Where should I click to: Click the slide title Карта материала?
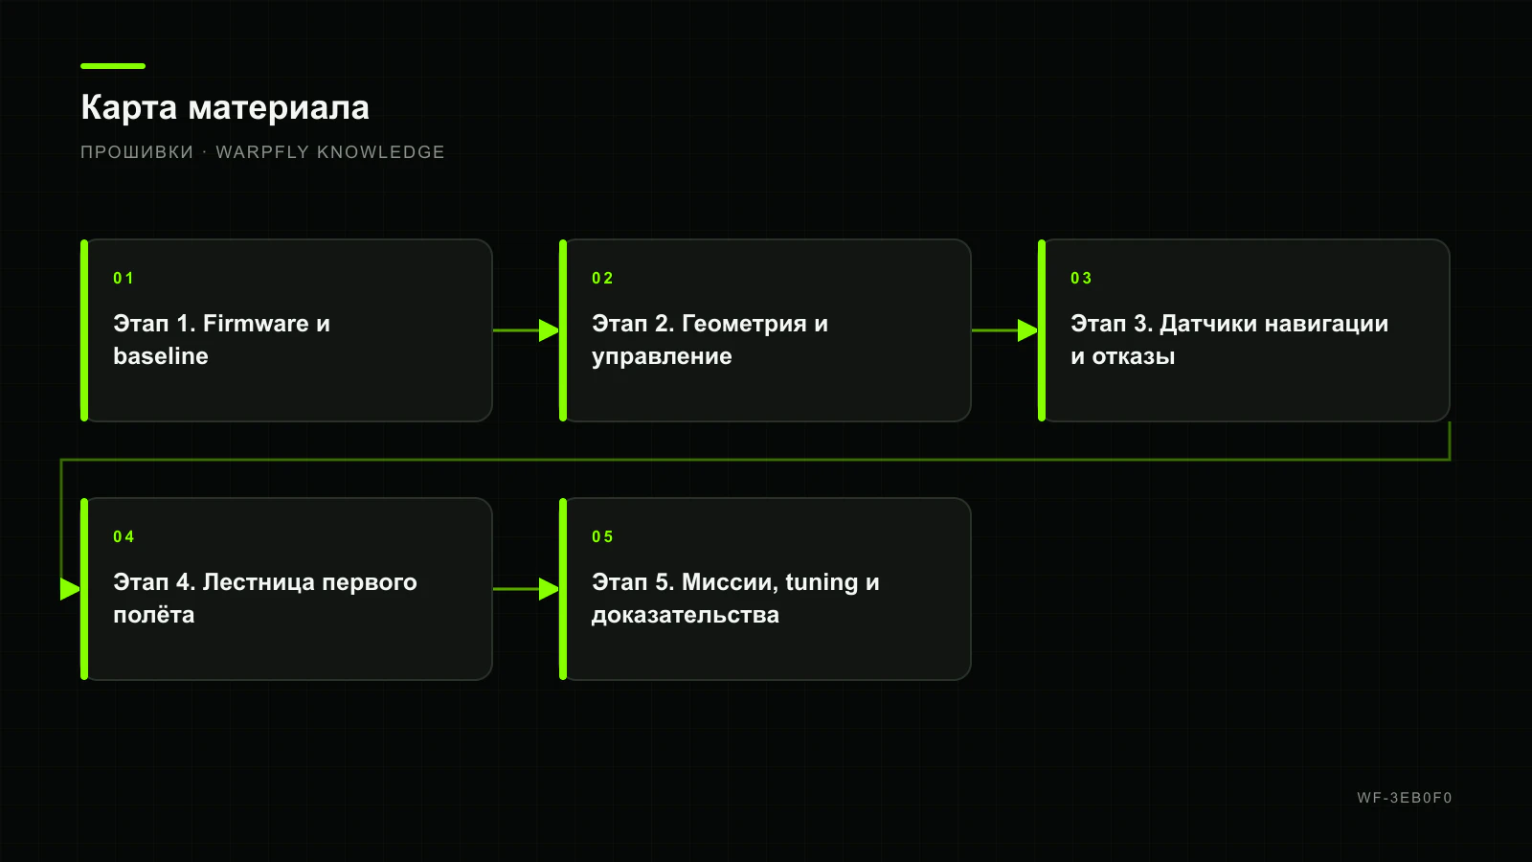[225, 107]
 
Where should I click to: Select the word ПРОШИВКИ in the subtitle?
[137, 152]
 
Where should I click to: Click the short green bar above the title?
[113, 66]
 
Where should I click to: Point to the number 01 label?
[124, 278]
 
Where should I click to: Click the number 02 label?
[602, 278]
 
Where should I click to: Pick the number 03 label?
[1081, 278]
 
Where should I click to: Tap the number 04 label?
[124, 536]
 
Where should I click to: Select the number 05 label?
[602, 536]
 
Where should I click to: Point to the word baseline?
[161, 355]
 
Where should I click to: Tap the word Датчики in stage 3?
[1206, 323]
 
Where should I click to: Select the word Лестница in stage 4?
[259, 581]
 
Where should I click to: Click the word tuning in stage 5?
[822, 583]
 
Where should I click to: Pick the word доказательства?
[686, 614]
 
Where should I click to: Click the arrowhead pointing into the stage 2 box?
[550, 330]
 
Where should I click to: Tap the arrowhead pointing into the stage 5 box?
[550, 589]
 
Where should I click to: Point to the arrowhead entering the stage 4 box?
[71, 589]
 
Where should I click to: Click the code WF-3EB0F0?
[1404, 798]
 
